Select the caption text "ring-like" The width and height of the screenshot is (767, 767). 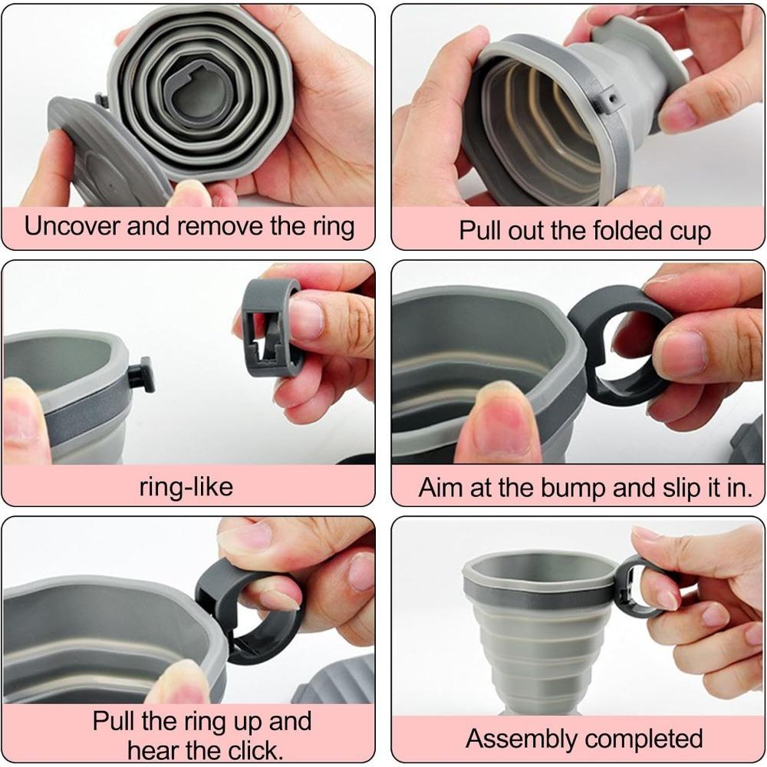[186, 486]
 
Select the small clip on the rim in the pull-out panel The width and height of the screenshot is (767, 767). [608, 98]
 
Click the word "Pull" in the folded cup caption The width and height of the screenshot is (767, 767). [482, 230]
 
